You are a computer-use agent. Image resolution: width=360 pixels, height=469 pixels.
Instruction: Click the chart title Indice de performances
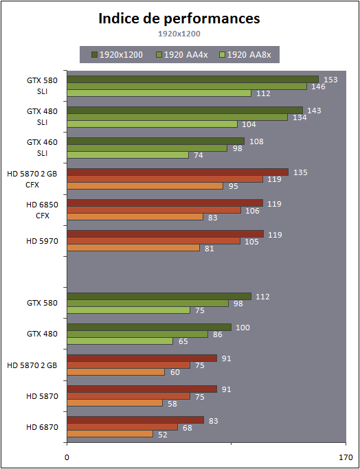click(179, 19)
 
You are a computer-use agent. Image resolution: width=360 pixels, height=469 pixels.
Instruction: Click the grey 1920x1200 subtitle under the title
click(179, 34)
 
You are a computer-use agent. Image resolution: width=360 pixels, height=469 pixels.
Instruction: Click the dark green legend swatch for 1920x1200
click(95, 55)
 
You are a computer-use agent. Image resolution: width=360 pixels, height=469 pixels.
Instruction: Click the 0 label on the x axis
click(67, 457)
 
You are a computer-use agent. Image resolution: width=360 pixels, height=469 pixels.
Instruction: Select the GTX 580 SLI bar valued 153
click(193, 79)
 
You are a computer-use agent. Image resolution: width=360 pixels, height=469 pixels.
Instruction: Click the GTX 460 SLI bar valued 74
click(128, 155)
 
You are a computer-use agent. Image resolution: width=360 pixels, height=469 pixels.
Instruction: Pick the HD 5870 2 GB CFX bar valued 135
click(178, 172)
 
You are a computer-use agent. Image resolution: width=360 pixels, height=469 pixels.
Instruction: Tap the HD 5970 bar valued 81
click(133, 248)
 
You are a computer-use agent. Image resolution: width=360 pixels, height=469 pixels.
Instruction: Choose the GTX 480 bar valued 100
click(149, 328)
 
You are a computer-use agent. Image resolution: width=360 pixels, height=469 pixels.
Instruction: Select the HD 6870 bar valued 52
click(110, 434)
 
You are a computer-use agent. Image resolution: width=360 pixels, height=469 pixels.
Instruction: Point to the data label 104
click(249, 124)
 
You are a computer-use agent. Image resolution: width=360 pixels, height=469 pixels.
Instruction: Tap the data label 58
click(172, 404)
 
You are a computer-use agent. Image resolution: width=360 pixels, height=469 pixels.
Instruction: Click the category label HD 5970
click(42, 241)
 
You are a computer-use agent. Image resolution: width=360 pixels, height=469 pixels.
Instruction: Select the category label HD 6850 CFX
click(42, 210)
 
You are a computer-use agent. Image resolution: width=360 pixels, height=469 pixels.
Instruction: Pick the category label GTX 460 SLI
click(42, 147)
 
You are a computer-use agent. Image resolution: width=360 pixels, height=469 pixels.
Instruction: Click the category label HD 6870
click(42, 427)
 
